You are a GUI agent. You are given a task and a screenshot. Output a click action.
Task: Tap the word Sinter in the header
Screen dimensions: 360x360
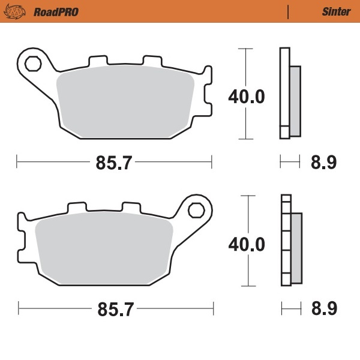tap(337, 11)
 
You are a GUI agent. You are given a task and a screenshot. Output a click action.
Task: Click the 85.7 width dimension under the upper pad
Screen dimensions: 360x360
tap(114, 162)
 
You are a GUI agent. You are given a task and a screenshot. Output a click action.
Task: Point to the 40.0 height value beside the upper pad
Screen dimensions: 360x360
tap(246, 96)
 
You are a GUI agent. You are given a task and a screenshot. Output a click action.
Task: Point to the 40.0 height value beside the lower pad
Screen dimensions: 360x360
tap(246, 244)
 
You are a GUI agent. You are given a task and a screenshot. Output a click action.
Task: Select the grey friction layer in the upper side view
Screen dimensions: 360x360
tap(295, 100)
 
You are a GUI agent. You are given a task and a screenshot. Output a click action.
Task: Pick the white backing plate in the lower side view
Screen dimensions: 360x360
tap(286, 240)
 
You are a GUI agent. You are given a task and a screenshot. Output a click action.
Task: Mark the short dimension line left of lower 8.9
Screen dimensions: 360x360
tap(291, 310)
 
